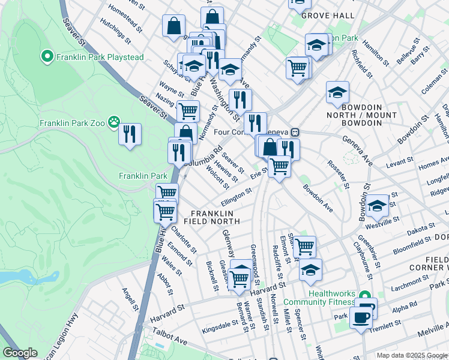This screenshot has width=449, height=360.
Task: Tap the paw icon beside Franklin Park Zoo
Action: (114, 123)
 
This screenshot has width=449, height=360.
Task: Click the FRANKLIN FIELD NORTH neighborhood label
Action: (215, 217)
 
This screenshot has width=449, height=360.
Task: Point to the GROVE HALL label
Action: (325, 15)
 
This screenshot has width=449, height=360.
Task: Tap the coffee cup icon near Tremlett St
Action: (361, 316)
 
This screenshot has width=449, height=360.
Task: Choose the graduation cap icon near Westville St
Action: (377, 206)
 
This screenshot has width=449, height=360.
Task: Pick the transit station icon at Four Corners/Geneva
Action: (295, 132)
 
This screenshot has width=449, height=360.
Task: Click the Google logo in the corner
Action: (20, 353)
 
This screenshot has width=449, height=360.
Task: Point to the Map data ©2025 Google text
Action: (411, 355)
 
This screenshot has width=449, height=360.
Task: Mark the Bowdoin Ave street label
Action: (318, 198)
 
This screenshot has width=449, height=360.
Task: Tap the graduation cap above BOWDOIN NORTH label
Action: (338, 93)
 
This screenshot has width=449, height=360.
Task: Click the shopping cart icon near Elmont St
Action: (305, 245)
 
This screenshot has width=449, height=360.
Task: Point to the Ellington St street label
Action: (236, 196)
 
